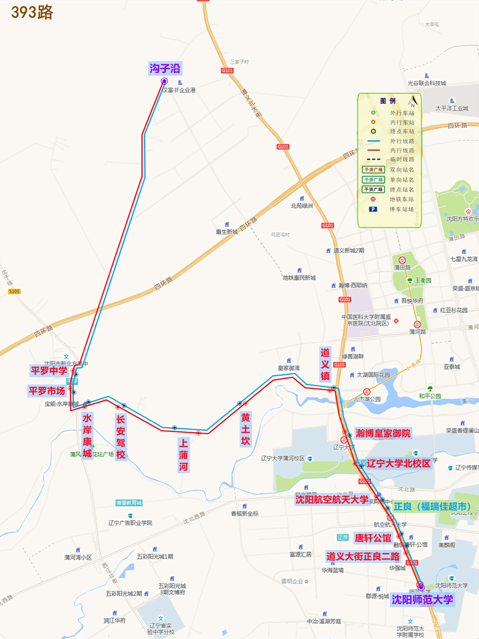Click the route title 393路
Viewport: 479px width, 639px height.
32,12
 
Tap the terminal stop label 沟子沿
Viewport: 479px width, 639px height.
165,68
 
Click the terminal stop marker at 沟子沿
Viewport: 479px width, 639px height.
164,81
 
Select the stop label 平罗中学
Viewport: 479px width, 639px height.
49,371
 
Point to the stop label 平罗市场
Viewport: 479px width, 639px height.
47,391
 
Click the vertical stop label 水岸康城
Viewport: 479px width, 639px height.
87,436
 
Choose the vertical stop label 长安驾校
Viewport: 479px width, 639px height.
121,437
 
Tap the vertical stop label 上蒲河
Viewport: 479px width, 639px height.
184,455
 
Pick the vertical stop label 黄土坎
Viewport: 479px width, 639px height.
246,429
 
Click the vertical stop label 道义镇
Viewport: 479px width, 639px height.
325,364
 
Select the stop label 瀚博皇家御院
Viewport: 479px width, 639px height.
383,433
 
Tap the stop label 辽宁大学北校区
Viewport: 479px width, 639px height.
398,463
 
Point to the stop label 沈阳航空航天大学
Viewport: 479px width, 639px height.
332,500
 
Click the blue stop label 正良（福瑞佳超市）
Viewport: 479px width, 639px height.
432,506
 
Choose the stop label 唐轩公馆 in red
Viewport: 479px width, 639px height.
373,538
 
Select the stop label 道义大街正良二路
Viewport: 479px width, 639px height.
363,556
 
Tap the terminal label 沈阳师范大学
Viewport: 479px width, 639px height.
422,600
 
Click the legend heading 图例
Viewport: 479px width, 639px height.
388,101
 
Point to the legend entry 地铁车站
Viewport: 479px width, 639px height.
401,199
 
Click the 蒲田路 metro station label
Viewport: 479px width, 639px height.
402,268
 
